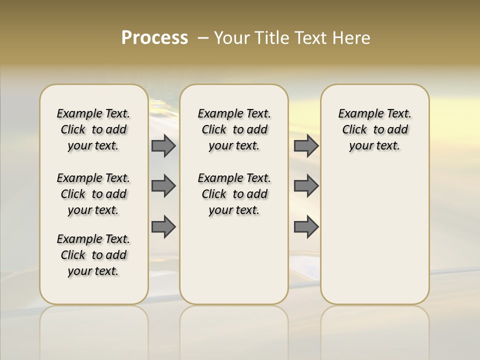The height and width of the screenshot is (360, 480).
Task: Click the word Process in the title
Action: click(x=154, y=38)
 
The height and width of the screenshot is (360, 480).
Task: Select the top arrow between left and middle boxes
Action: click(x=163, y=146)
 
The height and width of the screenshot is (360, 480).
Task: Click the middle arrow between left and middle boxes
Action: click(x=163, y=186)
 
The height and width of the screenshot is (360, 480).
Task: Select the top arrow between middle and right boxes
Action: click(x=306, y=146)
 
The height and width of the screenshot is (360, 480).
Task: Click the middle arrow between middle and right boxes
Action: click(x=306, y=186)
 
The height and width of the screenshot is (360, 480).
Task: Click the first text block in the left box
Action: click(x=93, y=129)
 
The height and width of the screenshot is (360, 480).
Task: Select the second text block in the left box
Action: click(x=93, y=194)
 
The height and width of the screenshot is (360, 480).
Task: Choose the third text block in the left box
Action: click(x=93, y=255)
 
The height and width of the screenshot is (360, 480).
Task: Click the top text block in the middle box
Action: click(x=234, y=129)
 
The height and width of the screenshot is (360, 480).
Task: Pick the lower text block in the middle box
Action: click(x=234, y=194)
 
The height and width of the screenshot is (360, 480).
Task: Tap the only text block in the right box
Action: click(x=374, y=129)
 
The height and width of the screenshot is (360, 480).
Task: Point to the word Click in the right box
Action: click(x=354, y=130)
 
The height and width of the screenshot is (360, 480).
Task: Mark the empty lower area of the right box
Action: click(x=374, y=230)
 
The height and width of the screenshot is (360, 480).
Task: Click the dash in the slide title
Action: click(x=203, y=38)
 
